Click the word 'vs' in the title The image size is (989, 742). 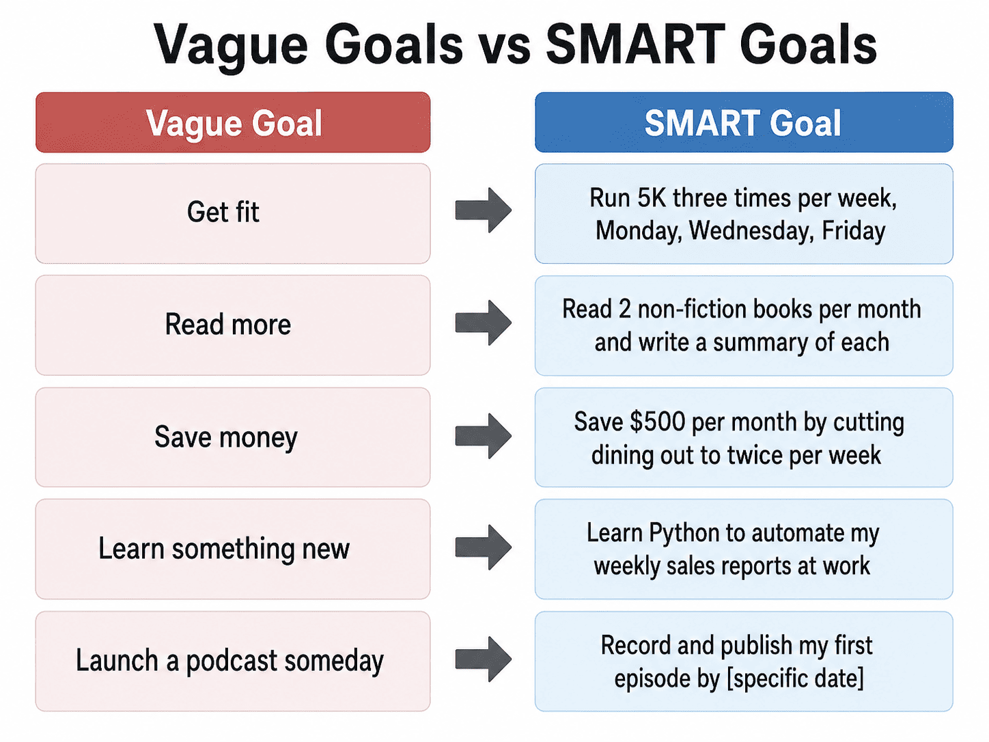(x=504, y=45)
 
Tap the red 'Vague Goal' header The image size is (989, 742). (x=233, y=122)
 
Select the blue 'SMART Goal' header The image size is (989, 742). (x=744, y=122)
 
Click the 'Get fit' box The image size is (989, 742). (x=233, y=214)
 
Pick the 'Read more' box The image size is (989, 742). (x=233, y=325)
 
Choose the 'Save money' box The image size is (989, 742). (x=233, y=437)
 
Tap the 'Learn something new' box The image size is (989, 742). (x=233, y=549)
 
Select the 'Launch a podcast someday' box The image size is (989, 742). (x=233, y=661)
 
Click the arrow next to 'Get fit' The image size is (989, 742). (x=484, y=210)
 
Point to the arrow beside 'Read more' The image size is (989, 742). (x=484, y=322)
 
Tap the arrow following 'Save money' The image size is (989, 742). (x=484, y=436)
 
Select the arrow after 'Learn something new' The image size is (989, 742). (x=484, y=547)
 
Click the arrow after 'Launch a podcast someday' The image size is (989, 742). (x=484, y=659)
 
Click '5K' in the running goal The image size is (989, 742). (x=652, y=197)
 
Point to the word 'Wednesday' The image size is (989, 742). (x=751, y=231)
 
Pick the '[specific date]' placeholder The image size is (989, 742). (x=795, y=679)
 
